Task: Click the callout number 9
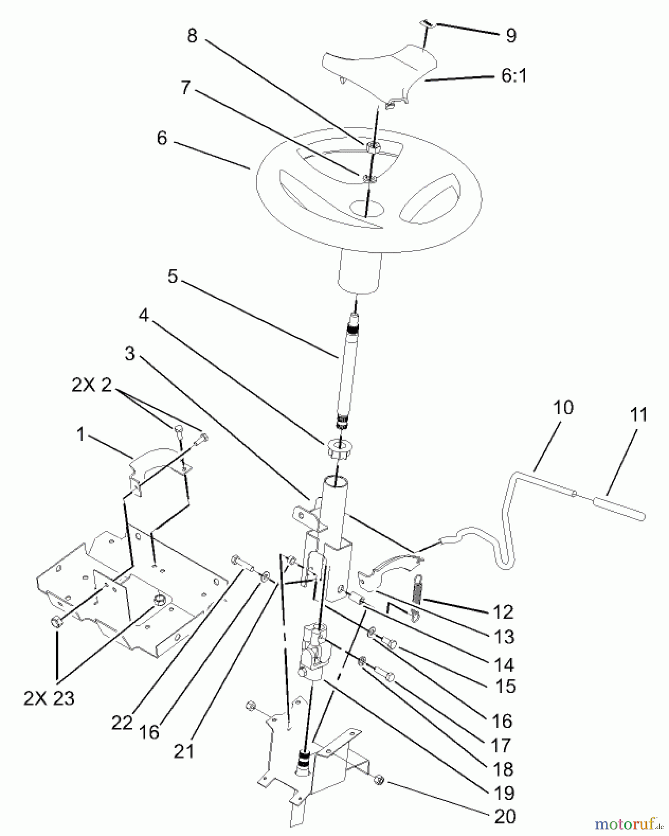(x=511, y=36)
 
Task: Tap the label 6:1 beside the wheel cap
(x=514, y=75)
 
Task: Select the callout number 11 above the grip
(x=639, y=414)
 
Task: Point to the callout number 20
(x=505, y=816)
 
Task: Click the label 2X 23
(x=49, y=698)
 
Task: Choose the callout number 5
(x=172, y=277)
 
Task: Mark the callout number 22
(x=122, y=723)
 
